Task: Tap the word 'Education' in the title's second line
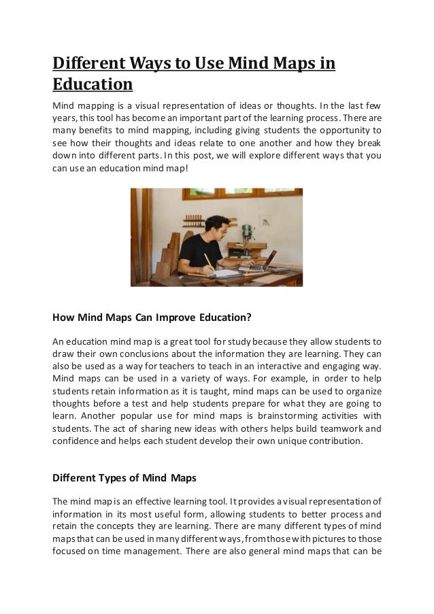click(x=92, y=86)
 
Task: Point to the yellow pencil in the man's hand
click(x=207, y=261)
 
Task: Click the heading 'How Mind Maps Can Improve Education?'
click(x=152, y=317)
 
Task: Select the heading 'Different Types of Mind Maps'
click(x=124, y=477)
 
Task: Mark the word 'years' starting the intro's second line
click(x=64, y=116)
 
